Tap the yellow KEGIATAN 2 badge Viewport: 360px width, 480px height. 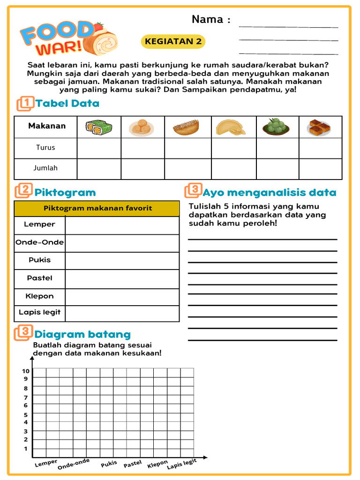tap(173, 41)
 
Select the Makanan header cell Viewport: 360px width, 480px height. tap(47, 126)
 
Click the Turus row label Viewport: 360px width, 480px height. tap(45, 148)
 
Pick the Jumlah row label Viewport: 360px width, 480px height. tap(45, 168)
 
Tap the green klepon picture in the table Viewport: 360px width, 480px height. tap(276, 127)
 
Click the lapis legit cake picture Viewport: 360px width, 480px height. tap(319, 127)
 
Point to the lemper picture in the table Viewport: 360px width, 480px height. tap(98, 127)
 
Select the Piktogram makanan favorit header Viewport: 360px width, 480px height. tap(97, 208)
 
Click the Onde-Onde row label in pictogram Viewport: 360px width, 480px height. tap(40, 243)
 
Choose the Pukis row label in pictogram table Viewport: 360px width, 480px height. tap(40, 260)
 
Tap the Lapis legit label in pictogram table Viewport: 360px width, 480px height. tap(40, 313)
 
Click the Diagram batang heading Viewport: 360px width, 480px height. tap(82, 335)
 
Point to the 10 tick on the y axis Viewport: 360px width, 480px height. tap(25, 371)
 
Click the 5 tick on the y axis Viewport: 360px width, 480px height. tap(26, 415)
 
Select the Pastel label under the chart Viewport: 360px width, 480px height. tap(133, 464)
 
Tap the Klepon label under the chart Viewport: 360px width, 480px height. tap(157, 464)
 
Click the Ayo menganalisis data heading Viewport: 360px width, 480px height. tap(270, 192)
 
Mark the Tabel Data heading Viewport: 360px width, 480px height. tap(67, 104)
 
